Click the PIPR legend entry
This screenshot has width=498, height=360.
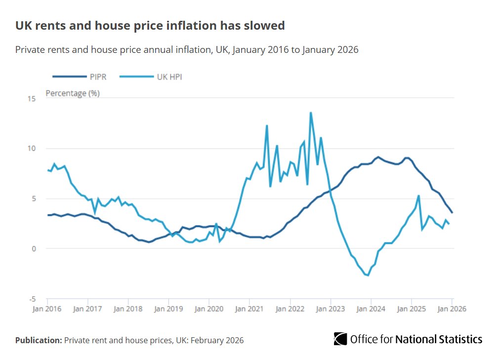pyautogui.click(x=80, y=77)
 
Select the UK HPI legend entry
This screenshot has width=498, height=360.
pyautogui.click(x=151, y=77)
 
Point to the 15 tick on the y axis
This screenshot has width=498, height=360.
pyautogui.click(x=32, y=98)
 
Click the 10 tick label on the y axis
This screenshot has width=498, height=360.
pyautogui.click(x=32, y=148)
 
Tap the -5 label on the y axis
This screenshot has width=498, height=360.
pyautogui.click(x=33, y=299)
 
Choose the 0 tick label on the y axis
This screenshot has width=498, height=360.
pyautogui.click(x=34, y=249)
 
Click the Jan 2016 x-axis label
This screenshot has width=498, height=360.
pyautogui.click(x=47, y=309)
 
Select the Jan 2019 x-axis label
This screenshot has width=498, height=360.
pyautogui.click(x=168, y=309)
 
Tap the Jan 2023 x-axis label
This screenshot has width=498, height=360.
pyautogui.click(x=331, y=309)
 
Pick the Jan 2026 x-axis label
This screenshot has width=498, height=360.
pyautogui.click(x=452, y=309)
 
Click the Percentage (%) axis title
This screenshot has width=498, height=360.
pyautogui.click(x=73, y=93)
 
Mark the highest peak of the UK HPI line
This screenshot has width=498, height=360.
pyautogui.click(x=311, y=113)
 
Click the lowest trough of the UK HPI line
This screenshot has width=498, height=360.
pyautogui.click(x=368, y=275)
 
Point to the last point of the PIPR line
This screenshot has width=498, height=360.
pyautogui.click(x=452, y=213)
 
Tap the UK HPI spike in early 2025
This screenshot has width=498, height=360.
pyautogui.click(x=418, y=196)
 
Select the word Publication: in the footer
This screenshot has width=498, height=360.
pyautogui.click(x=39, y=340)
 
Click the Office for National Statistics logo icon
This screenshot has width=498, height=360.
pyautogui.click(x=340, y=339)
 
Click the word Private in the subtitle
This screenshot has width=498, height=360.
pyautogui.click(x=31, y=49)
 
